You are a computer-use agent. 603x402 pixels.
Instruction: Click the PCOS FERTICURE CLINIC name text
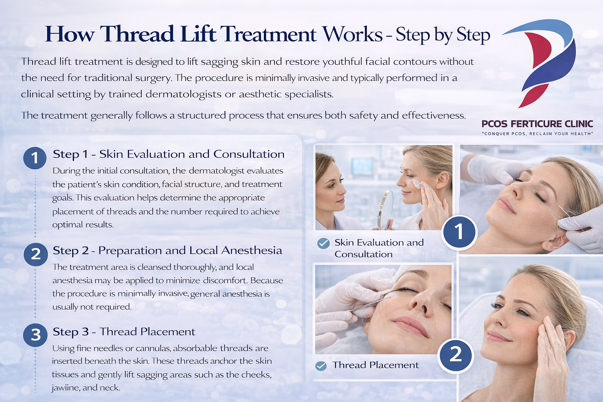[x=537, y=124]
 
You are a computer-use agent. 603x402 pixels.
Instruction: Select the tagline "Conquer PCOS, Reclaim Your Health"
[x=537, y=134]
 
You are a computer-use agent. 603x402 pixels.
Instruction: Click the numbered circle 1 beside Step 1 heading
[x=35, y=158]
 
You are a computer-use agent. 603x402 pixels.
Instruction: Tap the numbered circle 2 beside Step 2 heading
[x=35, y=254]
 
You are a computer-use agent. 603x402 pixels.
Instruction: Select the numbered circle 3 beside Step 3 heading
[x=35, y=335]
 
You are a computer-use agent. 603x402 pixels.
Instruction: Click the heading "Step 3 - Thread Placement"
[x=124, y=332]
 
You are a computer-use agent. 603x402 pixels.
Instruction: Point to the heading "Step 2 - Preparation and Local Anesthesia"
[x=167, y=250]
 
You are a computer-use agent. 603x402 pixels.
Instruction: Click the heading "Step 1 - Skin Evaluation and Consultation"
[x=168, y=154]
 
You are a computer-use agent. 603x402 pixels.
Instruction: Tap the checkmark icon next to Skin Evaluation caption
[x=323, y=243]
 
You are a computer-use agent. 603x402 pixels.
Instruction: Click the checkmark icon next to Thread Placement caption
[x=321, y=366]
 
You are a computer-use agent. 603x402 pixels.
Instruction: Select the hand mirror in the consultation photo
[x=386, y=208]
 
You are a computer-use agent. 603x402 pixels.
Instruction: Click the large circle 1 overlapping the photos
[x=459, y=232]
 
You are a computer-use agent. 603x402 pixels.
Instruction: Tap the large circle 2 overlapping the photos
[x=455, y=355]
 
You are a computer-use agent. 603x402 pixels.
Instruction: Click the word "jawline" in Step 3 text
[x=65, y=388]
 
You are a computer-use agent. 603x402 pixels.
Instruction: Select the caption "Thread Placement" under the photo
[x=375, y=365]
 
